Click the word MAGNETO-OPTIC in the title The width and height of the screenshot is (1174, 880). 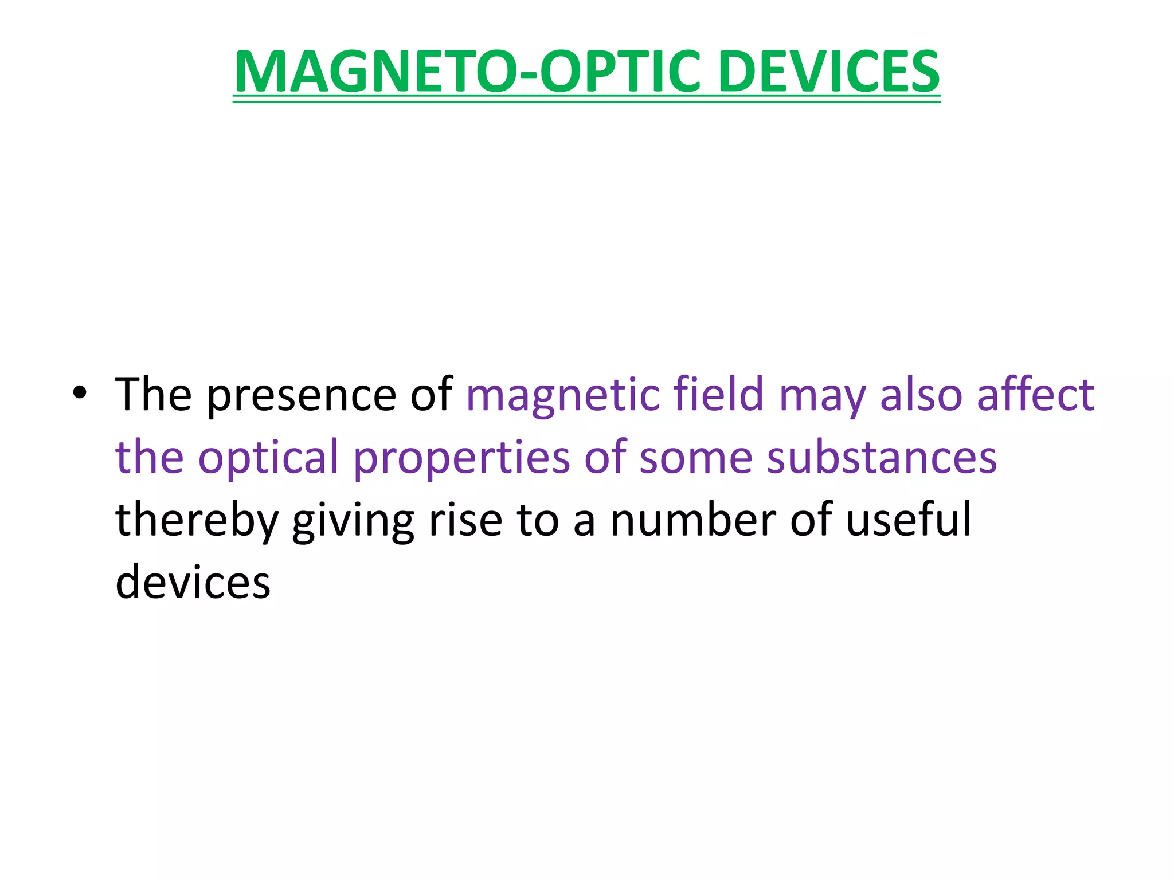pyautogui.click(x=467, y=72)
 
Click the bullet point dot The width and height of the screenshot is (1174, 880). pyautogui.click(x=80, y=393)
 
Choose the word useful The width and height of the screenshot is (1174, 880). pyautogui.click(x=909, y=519)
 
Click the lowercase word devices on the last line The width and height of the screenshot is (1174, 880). pyautogui.click(x=193, y=582)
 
